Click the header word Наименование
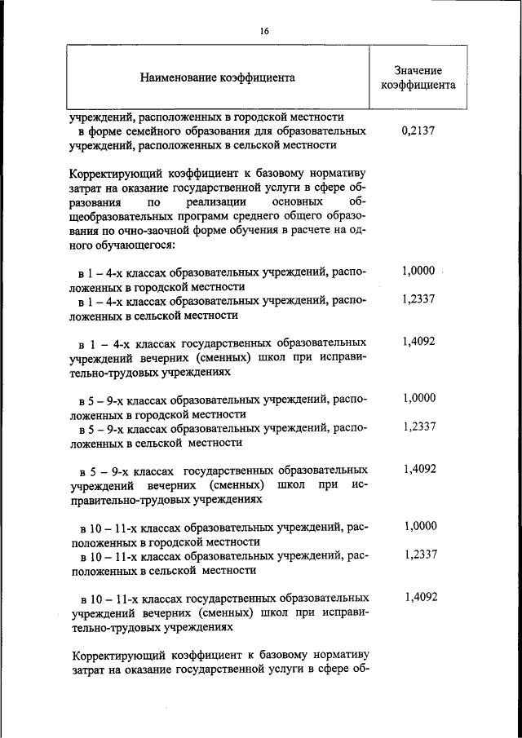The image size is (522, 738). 178,78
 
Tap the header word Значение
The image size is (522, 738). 418,71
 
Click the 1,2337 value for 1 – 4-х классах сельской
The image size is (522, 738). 418,298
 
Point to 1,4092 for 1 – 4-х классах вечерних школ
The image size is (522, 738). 418,342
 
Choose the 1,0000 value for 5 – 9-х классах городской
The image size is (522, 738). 419,398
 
